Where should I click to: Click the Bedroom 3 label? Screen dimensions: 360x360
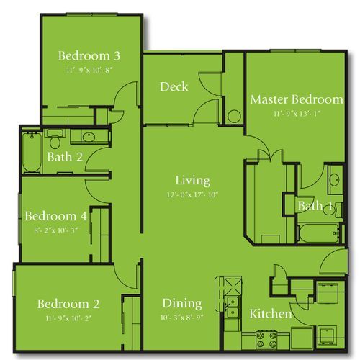[89, 55]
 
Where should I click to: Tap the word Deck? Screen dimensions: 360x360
[174, 87]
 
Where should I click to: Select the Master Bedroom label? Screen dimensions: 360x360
[296, 99]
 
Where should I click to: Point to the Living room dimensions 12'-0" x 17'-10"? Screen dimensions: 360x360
[192, 194]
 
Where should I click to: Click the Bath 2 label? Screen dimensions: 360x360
[64, 157]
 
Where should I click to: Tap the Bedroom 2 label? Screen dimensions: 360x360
[68, 303]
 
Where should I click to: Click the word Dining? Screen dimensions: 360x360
[181, 303]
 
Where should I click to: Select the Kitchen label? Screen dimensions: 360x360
[270, 314]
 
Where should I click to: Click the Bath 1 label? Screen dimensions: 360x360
[315, 207]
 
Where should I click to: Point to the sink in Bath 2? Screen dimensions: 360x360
[86, 137]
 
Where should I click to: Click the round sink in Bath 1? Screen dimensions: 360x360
[336, 180]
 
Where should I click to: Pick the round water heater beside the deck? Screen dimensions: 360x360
[233, 117]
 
